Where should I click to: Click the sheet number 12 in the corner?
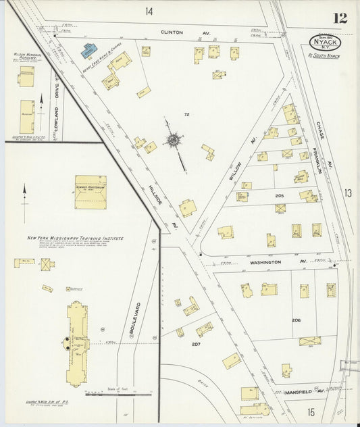coord(340,18)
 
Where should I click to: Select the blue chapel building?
coord(89,50)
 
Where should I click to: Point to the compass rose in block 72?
coord(174,141)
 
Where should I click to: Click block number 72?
coord(186,115)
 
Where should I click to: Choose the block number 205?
coord(279,195)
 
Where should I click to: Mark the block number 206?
coord(296,320)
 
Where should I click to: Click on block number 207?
coord(195,344)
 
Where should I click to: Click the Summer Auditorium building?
coord(90,192)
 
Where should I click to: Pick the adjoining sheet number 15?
coord(311,411)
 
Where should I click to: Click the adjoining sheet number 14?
coord(149,11)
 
